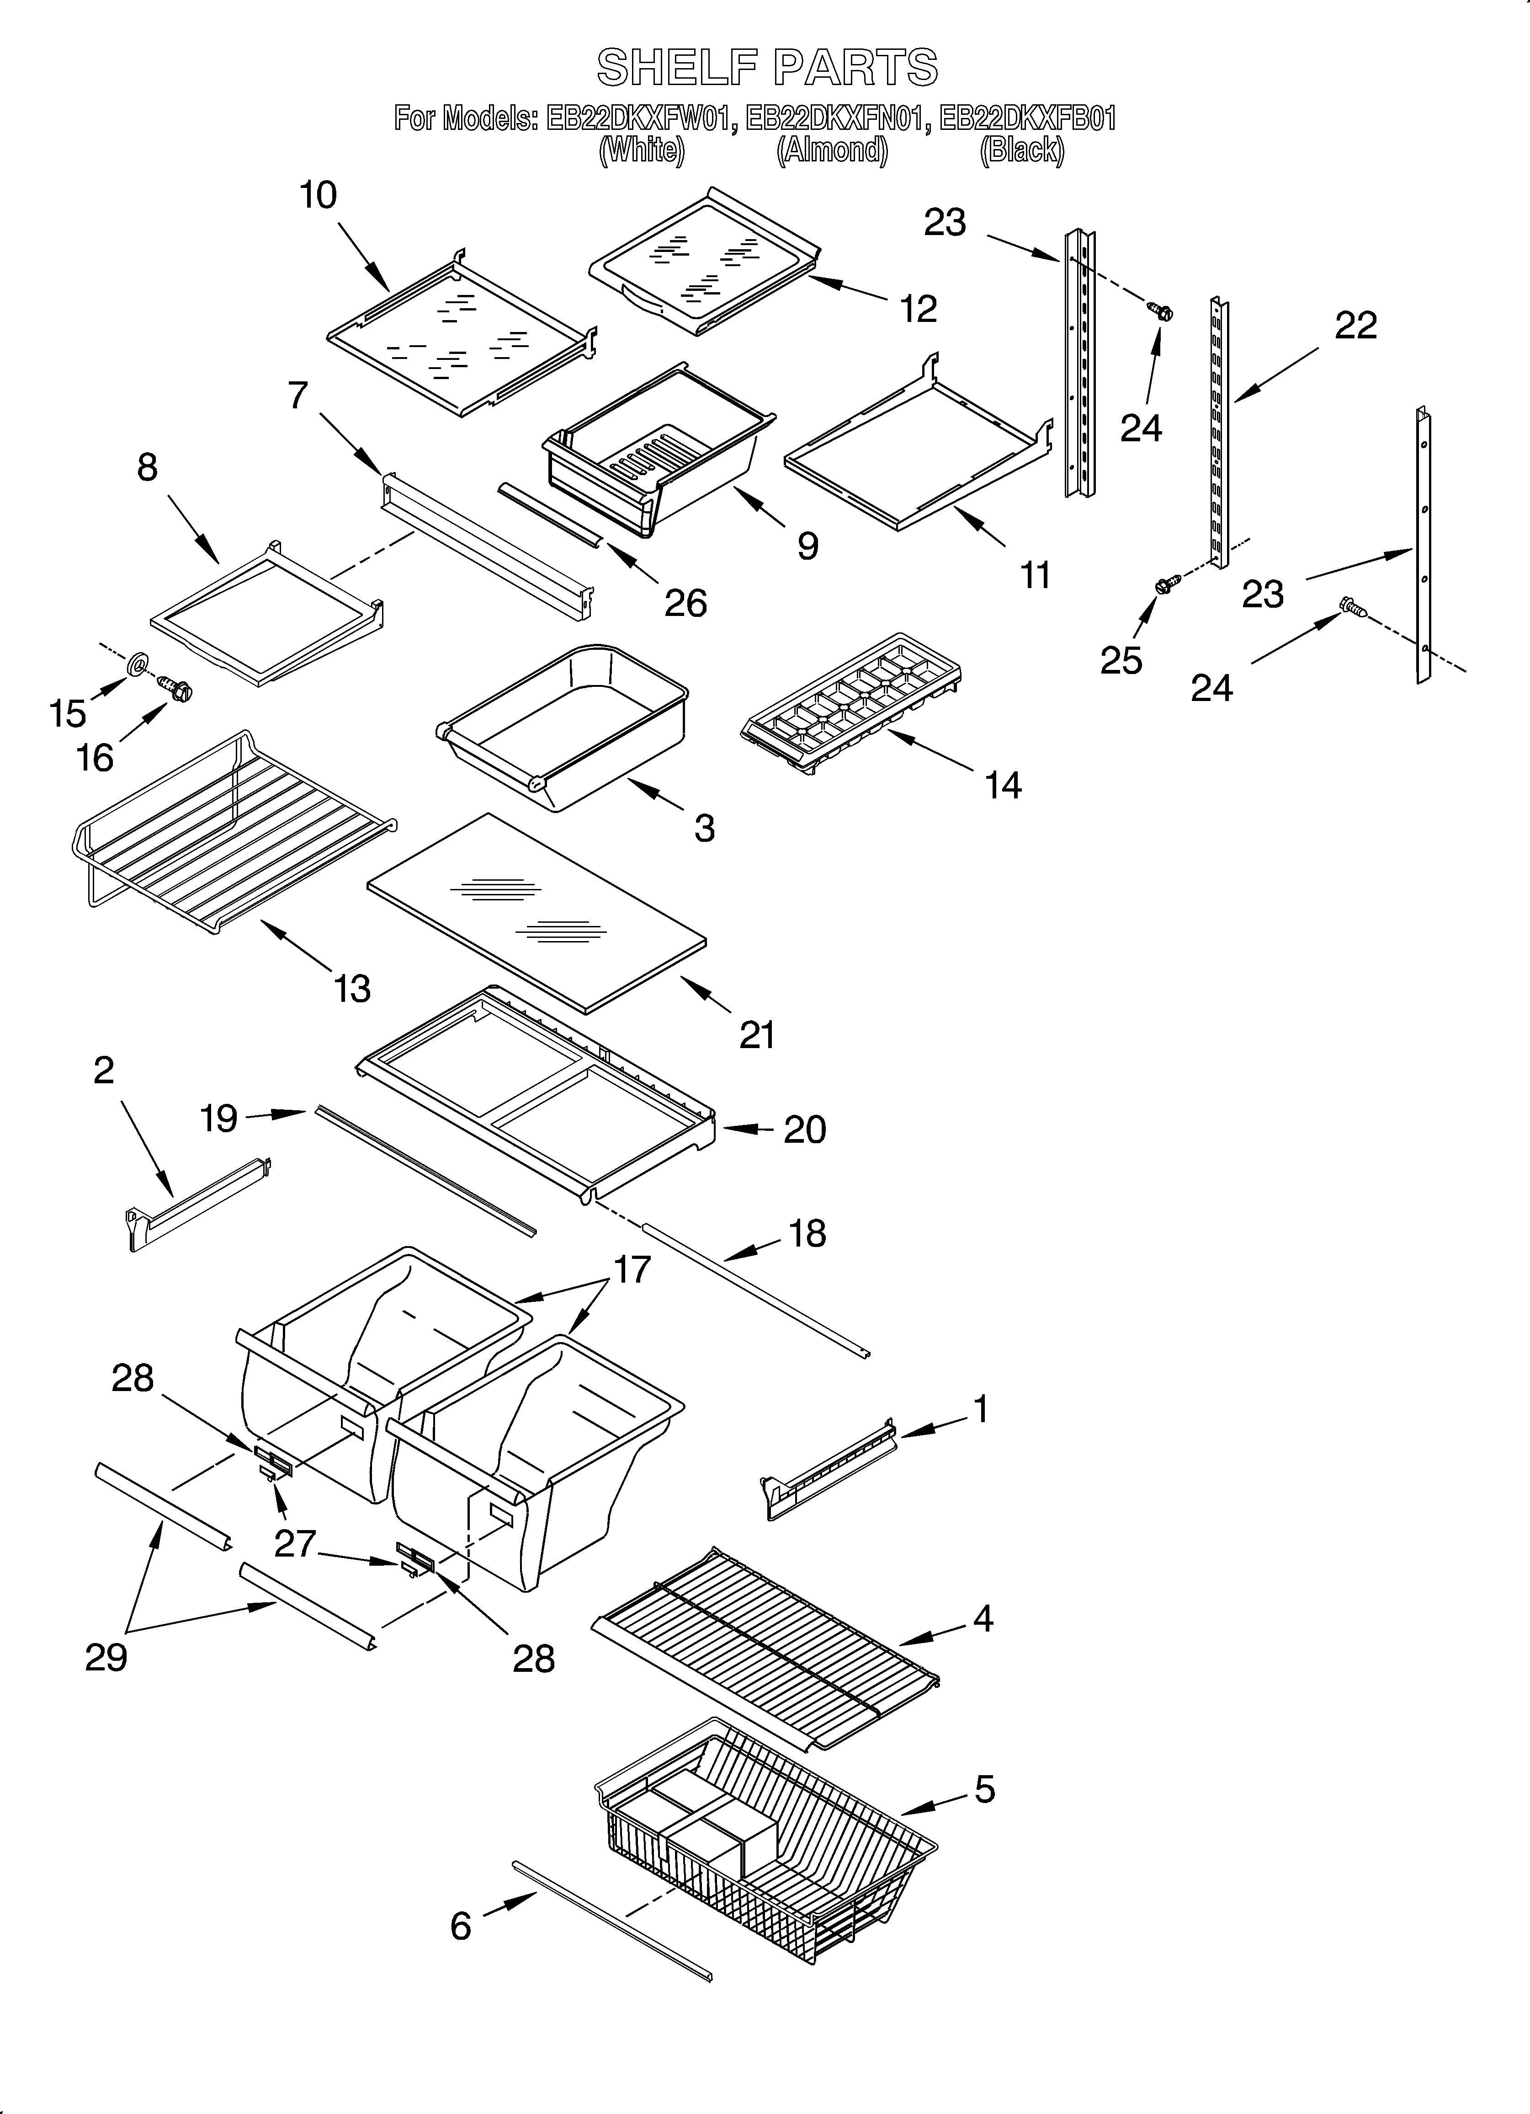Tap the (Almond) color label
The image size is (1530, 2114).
832,150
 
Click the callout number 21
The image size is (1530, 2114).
757,1034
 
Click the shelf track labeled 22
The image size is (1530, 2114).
1217,429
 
